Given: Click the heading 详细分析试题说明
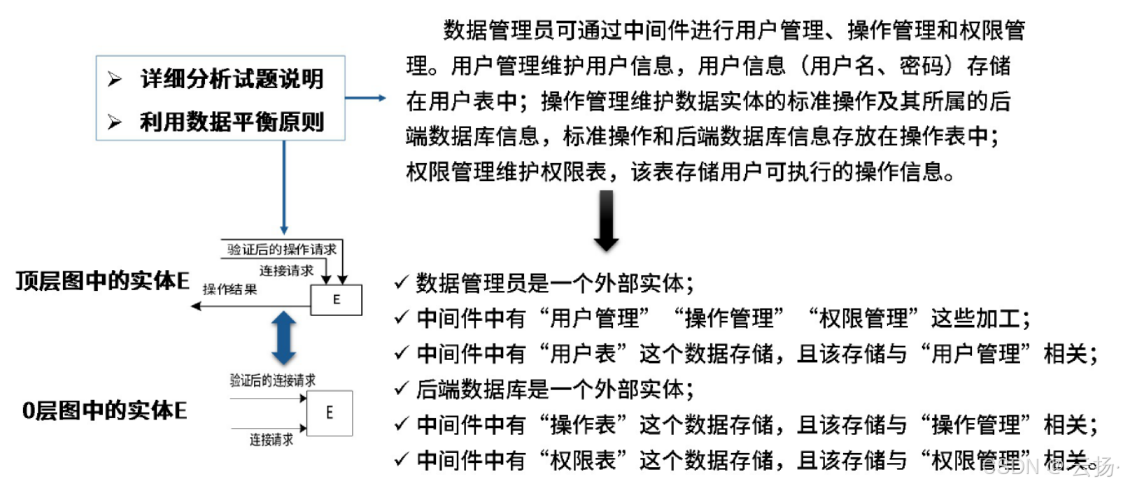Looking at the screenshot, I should [232, 79].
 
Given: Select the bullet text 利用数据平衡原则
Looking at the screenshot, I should [232, 122].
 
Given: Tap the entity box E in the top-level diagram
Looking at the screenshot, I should [337, 300].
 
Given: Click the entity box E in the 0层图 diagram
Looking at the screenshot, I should [329, 413].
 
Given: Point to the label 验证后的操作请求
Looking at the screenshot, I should [281, 249].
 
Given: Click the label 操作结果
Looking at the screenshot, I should [229, 290].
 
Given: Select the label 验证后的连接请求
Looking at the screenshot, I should [272, 380].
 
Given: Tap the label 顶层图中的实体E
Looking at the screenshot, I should [102, 281].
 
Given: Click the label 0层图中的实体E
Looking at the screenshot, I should [104, 410].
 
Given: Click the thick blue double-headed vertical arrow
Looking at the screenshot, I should [283, 338].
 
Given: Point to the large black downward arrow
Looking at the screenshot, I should [606, 220].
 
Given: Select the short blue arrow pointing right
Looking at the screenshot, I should [365, 98].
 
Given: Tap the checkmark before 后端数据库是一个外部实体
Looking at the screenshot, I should [401, 388].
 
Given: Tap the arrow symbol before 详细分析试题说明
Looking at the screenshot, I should [115, 79].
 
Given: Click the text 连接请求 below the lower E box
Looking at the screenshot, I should [271, 440].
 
